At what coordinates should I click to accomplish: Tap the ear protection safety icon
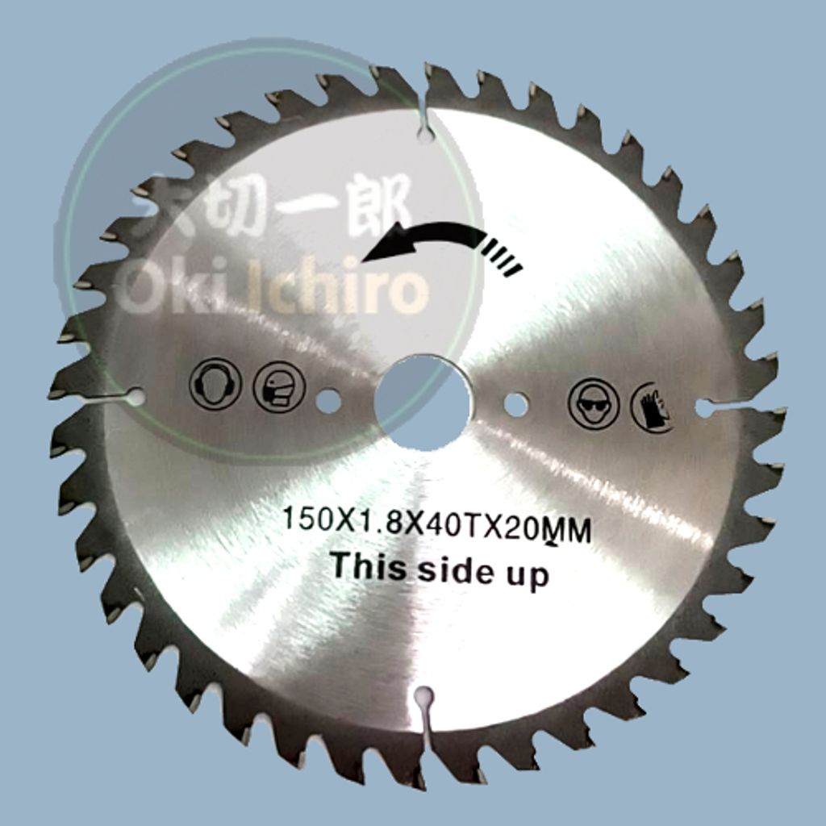(x=215, y=384)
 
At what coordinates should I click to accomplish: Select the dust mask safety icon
(x=279, y=386)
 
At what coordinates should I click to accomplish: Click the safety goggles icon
(x=593, y=403)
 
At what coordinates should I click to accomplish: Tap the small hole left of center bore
(x=328, y=401)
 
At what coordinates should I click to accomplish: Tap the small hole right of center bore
(x=515, y=404)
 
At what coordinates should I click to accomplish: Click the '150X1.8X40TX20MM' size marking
(x=436, y=524)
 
